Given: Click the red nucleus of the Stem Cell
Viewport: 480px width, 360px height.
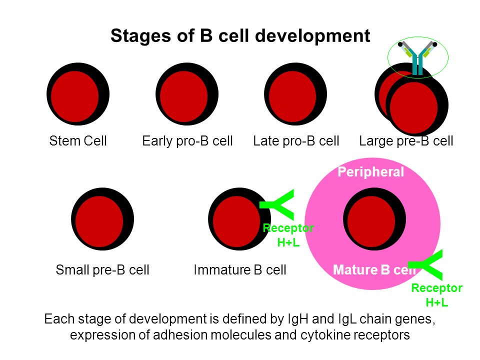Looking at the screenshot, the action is [74, 96].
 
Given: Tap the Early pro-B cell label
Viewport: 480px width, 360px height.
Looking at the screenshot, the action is [187, 141].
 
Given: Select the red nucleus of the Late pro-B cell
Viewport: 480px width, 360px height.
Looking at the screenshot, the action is [292, 96].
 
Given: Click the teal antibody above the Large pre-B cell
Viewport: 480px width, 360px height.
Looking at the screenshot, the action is [417, 58].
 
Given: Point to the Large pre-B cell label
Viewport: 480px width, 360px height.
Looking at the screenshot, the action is [406, 141].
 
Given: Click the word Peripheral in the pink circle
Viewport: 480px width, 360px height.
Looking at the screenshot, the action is [370, 171].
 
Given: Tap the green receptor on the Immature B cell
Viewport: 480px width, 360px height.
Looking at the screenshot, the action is [277, 205].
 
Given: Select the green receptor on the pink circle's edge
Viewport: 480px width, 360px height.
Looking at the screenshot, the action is [425, 265].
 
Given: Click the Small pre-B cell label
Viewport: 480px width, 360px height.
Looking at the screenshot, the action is [102, 270].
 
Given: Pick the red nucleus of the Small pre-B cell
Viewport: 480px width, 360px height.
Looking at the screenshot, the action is [99, 221].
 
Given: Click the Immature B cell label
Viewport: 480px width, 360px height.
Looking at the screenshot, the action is [240, 270].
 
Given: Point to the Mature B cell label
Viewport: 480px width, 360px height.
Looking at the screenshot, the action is [374, 269].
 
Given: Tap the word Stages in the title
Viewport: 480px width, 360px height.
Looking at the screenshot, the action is [141, 36].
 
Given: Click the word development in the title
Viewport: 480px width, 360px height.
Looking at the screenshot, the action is [312, 36].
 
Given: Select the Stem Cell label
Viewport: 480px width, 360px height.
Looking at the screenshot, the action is [78, 141].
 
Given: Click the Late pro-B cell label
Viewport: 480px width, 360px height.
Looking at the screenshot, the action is [296, 141].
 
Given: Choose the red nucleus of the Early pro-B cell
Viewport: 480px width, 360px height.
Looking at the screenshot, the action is [183, 96].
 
